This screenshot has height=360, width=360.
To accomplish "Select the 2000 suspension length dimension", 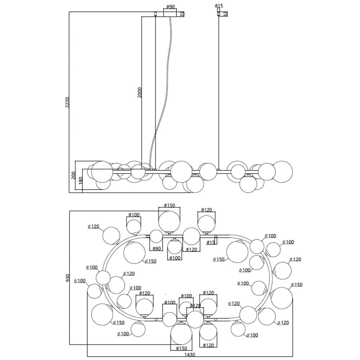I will (x=140, y=92).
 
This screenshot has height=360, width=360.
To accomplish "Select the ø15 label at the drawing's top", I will (x=219, y=6).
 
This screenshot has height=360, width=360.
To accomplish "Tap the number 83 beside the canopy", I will (x=182, y=14).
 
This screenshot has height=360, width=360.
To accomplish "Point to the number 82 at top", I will (x=225, y=14).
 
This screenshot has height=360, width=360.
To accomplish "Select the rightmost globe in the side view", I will (x=282, y=172).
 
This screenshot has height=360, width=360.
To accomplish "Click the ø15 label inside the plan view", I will (x=211, y=243).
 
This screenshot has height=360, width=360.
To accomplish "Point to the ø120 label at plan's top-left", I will (x=94, y=226).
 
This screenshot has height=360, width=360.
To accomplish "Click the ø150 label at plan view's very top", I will (x=169, y=205).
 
